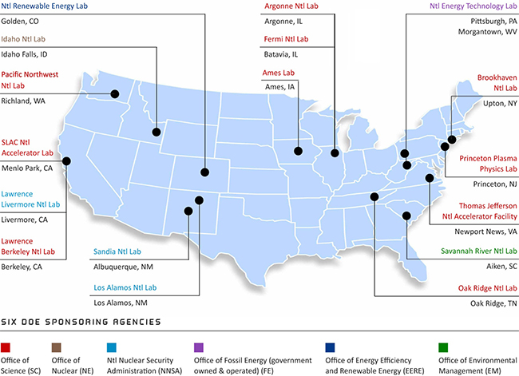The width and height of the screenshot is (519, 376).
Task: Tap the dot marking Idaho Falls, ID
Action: (x=156, y=132)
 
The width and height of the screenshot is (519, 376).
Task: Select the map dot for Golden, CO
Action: (x=205, y=171)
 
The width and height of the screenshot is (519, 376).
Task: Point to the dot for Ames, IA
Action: (x=298, y=150)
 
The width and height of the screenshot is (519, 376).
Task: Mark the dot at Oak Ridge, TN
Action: (x=374, y=196)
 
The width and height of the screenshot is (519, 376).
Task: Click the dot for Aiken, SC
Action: (x=407, y=215)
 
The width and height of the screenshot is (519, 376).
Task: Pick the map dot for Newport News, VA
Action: (x=430, y=179)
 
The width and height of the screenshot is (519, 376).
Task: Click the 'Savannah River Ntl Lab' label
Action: (x=476, y=251)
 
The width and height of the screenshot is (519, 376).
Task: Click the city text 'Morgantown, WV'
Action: (x=488, y=31)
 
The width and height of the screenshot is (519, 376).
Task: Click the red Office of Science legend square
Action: (x=6, y=347)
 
